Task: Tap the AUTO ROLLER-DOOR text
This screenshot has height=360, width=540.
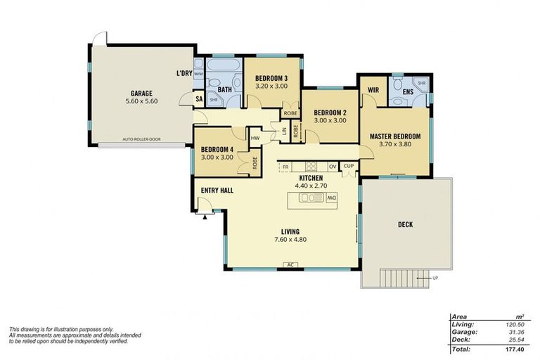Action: click(x=141, y=139)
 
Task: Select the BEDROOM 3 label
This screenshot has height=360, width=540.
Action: click(x=271, y=77)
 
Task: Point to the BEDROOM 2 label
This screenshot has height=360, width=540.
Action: click(x=330, y=112)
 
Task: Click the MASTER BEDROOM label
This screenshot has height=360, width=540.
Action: click(x=395, y=136)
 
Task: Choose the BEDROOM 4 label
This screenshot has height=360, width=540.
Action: click(x=217, y=149)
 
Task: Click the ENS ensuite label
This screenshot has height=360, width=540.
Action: click(x=408, y=91)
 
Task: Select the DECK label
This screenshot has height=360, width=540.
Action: click(x=405, y=225)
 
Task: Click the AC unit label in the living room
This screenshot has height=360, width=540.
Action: click(x=289, y=265)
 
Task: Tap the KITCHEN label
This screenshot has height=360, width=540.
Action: click(x=311, y=179)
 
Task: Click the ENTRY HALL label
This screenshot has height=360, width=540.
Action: click(x=217, y=191)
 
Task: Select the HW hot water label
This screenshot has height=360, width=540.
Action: click(x=255, y=138)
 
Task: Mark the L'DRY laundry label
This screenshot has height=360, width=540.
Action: click(x=184, y=74)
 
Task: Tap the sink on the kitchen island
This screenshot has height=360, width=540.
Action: click(x=309, y=198)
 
